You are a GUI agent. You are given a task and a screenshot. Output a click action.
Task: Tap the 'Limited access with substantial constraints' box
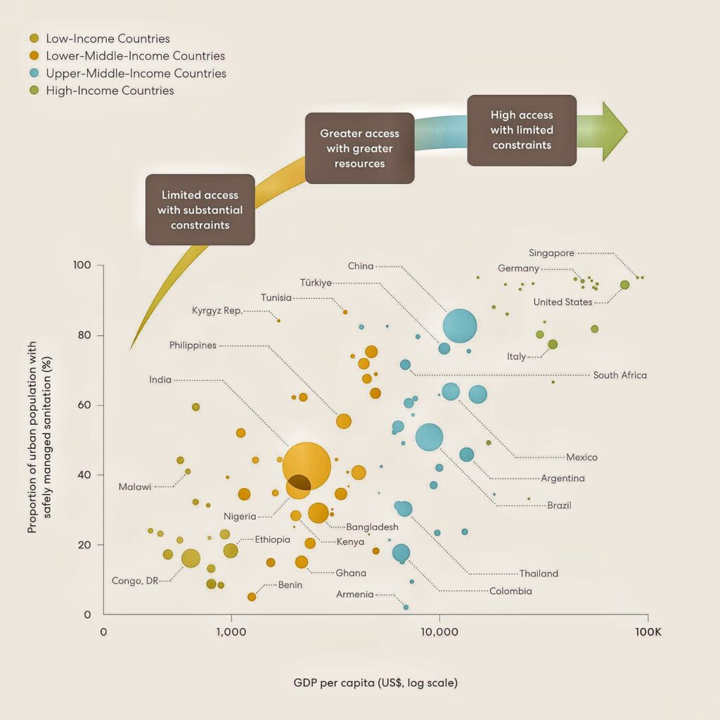coord(200,210)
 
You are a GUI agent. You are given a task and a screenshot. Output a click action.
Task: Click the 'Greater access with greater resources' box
coord(359,148)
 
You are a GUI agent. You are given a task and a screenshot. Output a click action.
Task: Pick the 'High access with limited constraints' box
coord(522,130)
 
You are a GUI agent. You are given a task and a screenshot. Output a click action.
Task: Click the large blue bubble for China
coord(460,326)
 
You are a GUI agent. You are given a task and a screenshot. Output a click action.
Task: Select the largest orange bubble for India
coord(307,465)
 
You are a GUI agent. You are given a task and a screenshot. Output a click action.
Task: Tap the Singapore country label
coord(552,253)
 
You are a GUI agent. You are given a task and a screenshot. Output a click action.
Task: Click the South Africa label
coord(619,375)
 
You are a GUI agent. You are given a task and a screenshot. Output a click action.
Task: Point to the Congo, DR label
coord(135,581)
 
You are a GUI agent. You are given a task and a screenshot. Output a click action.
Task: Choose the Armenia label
coord(355,595)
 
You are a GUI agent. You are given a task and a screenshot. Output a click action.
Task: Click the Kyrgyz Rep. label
coord(217,311)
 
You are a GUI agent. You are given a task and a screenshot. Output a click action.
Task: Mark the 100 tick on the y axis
coord(83,265)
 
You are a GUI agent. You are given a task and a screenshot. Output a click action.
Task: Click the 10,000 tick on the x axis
coord(439,631)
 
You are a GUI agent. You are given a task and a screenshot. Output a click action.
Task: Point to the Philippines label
coord(193,345)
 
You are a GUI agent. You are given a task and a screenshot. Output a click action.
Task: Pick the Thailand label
coord(539,574)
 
